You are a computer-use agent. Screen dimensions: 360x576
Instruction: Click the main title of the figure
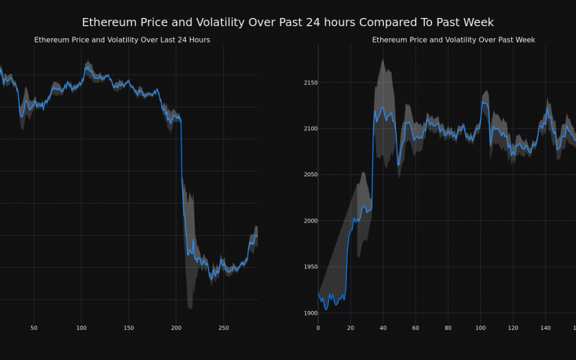click(x=288, y=22)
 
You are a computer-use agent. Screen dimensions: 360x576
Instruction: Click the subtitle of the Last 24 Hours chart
click(x=122, y=40)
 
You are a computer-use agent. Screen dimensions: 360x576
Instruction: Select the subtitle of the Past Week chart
click(x=454, y=40)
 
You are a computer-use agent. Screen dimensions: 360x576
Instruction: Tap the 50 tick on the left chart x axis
click(x=34, y=328)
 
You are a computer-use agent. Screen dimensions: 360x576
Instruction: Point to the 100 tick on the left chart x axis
click(x=81, y=328)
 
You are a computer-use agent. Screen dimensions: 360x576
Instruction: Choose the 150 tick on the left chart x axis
click(x=128, y=328)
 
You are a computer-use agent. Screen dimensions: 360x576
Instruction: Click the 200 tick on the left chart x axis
click(x=176, y=328)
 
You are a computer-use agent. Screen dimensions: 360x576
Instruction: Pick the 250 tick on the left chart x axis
click(x=223, y=328)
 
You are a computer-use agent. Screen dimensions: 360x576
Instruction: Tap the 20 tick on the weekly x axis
click(x=351, y=328)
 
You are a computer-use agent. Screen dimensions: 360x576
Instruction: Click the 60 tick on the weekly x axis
click(x=415, y=328)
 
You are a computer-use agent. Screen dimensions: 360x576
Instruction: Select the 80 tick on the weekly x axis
click(x=448, y=328)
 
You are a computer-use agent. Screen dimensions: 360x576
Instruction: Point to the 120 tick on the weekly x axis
click(x=513, y=328)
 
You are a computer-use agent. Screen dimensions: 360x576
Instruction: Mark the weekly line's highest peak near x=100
click(x=482, y=102)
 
